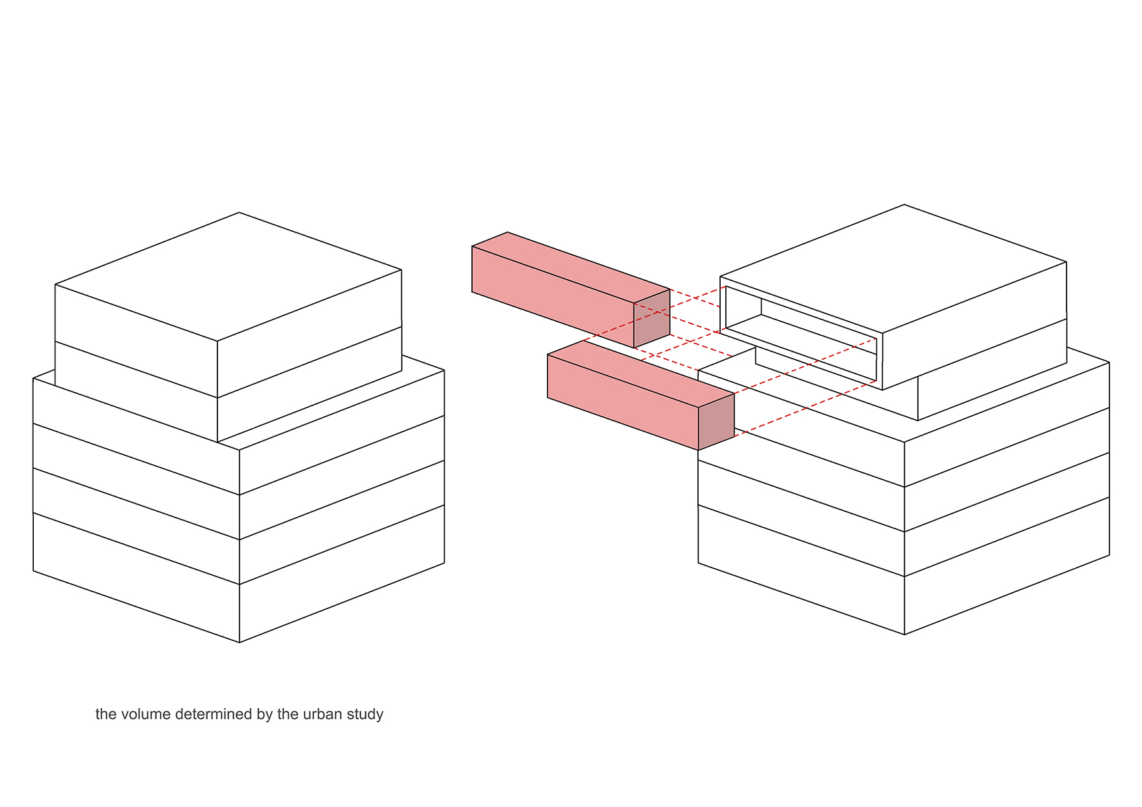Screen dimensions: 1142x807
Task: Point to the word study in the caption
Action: [365, 715]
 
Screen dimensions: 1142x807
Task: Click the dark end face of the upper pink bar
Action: [652, 318]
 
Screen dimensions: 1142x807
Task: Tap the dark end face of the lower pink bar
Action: [716, 421]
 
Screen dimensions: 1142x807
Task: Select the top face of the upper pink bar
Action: [571, 267]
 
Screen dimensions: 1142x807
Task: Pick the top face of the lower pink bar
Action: [641, 374]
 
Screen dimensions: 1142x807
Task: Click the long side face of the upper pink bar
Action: [553, 297]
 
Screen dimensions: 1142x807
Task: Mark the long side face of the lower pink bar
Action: [623, 402]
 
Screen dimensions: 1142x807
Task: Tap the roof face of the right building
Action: [893, 269]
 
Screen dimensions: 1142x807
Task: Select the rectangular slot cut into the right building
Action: [801, 334]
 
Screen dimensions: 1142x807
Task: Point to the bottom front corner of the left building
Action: [240, 642]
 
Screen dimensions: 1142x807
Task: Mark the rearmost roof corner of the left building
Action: [239, 212]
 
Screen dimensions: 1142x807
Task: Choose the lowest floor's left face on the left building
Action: [136, 578]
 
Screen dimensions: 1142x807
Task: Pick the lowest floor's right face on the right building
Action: [1007, 566]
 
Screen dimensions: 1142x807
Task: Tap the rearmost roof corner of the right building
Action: [904, 204]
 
